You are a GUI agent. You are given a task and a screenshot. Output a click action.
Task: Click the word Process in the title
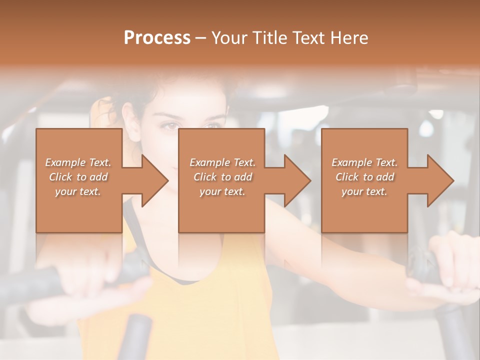point(157,37)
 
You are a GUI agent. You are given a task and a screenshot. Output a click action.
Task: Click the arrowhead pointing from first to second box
point(154,180)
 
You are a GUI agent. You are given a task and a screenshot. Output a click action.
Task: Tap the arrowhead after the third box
point(440,180)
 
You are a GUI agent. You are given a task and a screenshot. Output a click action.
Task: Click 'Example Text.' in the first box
point(78,162)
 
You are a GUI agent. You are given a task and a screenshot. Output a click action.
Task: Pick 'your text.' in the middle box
point(222,191)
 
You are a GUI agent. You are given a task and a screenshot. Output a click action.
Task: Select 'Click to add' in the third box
point(364,177)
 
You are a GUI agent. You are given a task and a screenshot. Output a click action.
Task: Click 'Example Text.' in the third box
point(364,162)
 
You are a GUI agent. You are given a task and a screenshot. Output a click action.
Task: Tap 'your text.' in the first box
point(78,191)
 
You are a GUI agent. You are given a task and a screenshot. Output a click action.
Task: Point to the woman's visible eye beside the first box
point(169,126)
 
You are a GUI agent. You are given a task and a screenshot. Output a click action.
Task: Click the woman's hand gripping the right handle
point(450,270)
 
